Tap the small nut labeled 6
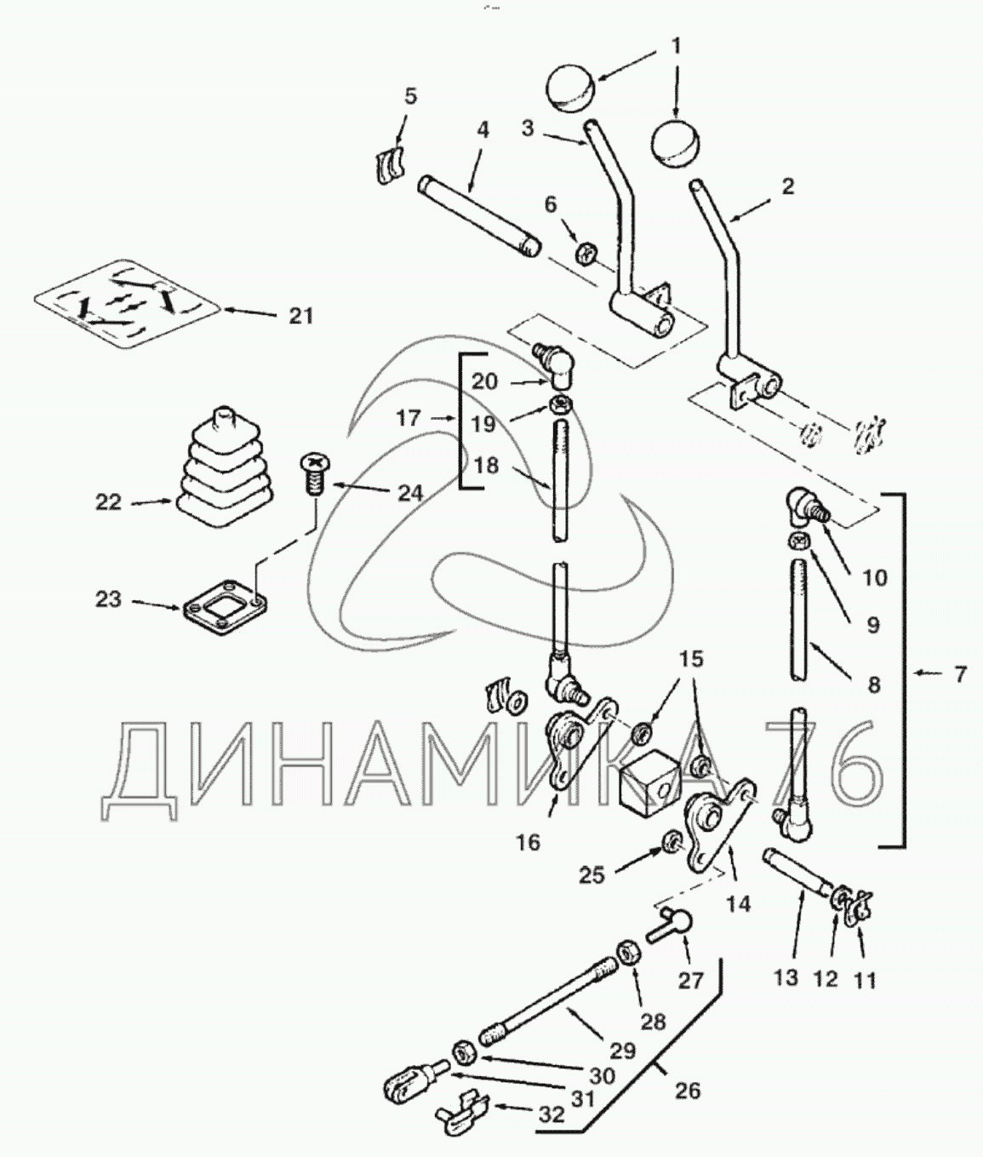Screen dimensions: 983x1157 [586, 254]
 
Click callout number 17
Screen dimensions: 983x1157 [409, 418]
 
